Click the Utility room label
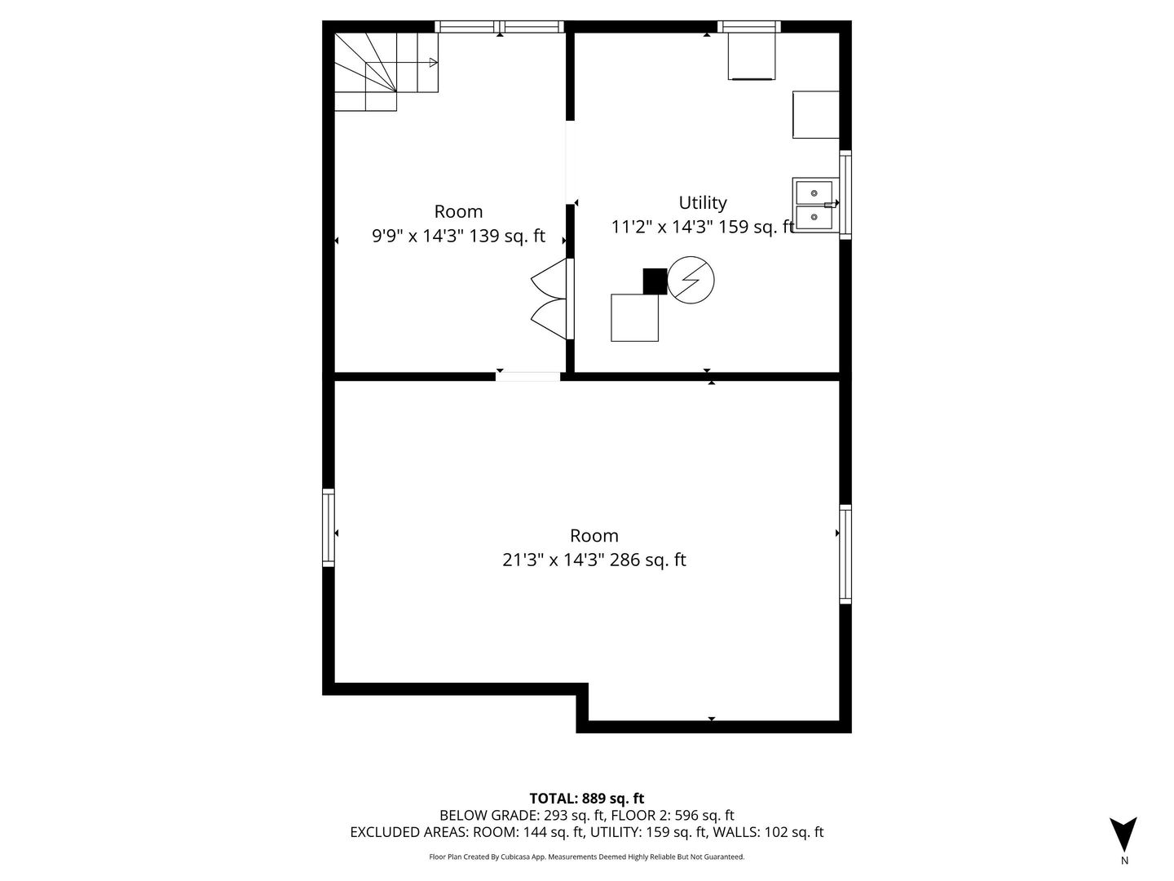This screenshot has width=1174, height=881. pos(702,203)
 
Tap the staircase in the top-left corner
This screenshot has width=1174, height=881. pos(386,72)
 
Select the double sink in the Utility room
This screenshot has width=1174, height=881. pos(814,205)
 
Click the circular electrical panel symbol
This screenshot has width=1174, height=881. pos(691,280)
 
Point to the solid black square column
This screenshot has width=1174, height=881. pos(655,281)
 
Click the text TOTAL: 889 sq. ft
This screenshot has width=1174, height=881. pos(587,799)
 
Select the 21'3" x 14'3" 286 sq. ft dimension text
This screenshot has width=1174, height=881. pos(594,560)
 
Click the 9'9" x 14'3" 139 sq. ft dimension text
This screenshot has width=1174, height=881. pos(458,236)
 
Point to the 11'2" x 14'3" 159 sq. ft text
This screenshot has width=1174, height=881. pos(702,227)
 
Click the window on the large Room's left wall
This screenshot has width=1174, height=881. pos(328,528)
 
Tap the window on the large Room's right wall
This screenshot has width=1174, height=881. pos(845,554)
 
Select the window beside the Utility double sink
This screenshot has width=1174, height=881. pos(845,195)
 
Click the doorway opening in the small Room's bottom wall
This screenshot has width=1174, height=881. pos(527,377)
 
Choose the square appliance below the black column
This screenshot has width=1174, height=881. pos(634,318)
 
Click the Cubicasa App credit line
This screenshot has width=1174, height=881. pos(587,857)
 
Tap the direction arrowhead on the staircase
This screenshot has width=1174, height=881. pos(434,63)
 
